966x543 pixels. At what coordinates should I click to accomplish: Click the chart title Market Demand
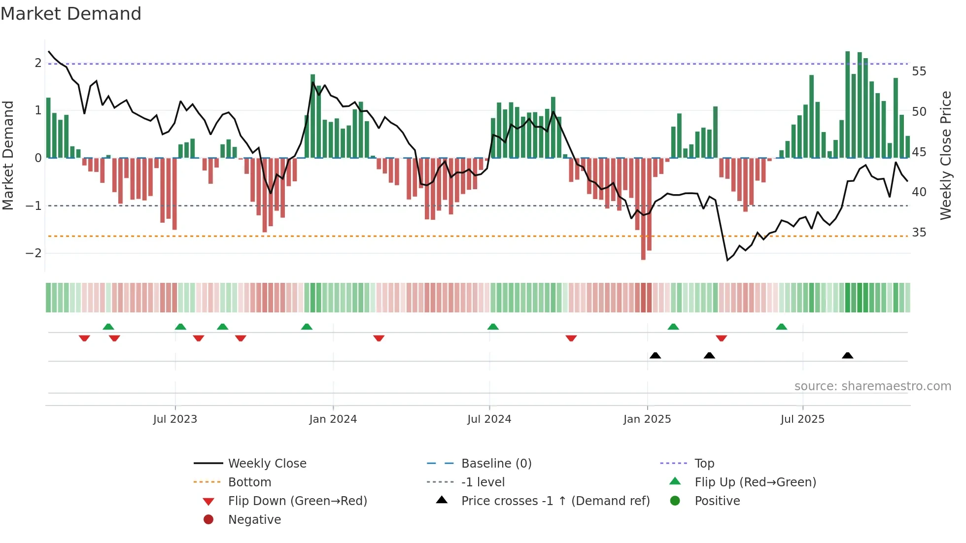tap(71, 14)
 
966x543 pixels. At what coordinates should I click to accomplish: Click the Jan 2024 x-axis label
tap(333, 419)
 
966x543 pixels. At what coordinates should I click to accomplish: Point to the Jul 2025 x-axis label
tap(802, 419)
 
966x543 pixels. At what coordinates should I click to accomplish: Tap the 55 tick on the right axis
tap(919, 71)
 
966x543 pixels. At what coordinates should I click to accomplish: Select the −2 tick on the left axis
tap(34, 253)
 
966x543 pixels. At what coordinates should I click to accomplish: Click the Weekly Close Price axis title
tap(945, 155)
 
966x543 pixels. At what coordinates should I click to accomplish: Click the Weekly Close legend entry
tap(267, 464)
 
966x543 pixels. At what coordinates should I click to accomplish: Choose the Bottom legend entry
tap(249, 482)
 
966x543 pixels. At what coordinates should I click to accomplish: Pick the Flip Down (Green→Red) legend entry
tap(297, 501)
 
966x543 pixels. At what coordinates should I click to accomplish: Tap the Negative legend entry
tap(254, 520)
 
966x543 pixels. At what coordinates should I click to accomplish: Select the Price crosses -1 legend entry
tap(555, 501)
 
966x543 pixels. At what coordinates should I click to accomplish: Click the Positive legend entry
tap(717, 501)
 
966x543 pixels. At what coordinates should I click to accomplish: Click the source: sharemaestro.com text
tap(872, 386)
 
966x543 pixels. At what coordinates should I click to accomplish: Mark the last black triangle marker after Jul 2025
tap(847, 356)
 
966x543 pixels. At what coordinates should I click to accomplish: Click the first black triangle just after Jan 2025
tap(655, 356)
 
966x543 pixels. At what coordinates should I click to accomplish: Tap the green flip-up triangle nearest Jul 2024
tap(493, 327)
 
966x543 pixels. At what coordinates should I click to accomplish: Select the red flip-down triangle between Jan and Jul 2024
tap(379, 338)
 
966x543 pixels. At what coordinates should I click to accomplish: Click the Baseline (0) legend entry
tap(496, 464)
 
